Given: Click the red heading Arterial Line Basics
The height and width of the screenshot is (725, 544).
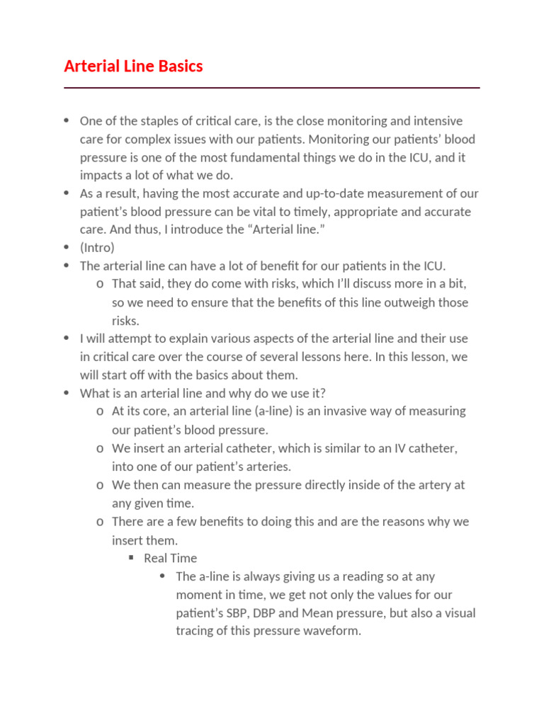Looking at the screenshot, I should click(133, 67).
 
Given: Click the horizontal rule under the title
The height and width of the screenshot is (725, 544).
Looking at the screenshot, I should click(272, 88).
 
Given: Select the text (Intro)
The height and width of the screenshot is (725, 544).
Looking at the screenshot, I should click(97, 248).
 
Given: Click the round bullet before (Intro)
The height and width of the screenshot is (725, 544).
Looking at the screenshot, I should click(66, 247).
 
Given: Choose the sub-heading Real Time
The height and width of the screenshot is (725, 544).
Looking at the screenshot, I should click(171, 558).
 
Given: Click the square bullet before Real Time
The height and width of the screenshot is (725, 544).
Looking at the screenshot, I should click(131, 558).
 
